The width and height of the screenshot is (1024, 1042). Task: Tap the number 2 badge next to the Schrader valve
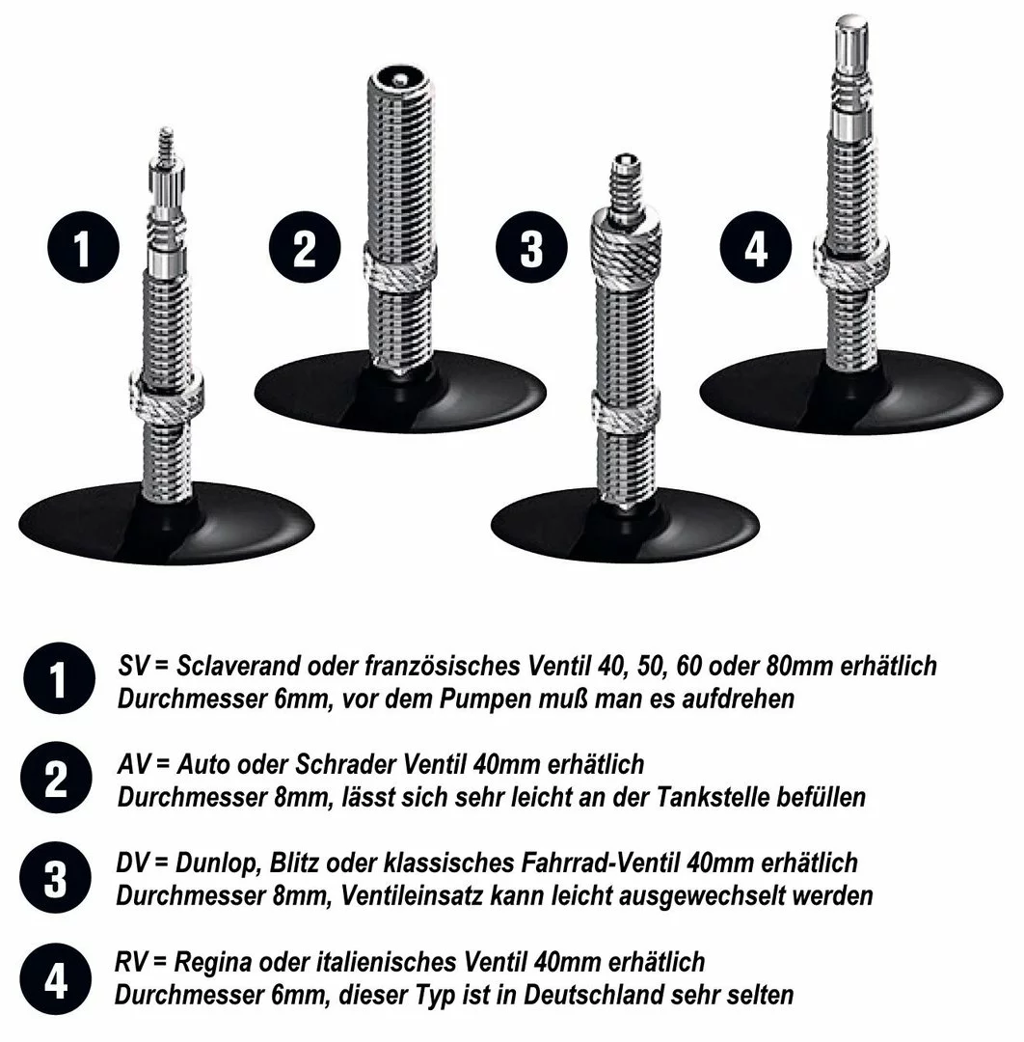tap(304, 249)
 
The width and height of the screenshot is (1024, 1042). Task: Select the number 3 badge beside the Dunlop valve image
tap(530, 249)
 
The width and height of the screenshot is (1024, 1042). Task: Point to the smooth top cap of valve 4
tap(852, 39)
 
